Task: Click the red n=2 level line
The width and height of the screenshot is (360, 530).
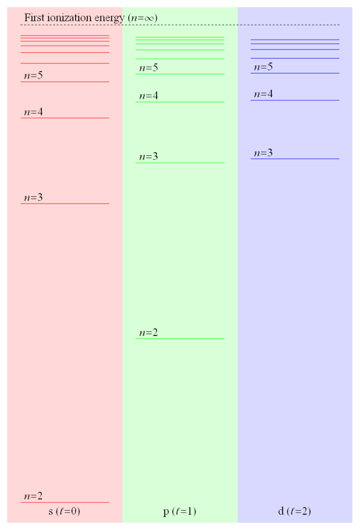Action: (65, 502)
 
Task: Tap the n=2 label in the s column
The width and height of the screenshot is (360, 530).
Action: (34, 496)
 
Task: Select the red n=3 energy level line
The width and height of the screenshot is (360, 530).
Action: (65, 203)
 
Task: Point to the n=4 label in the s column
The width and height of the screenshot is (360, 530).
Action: (34, 112)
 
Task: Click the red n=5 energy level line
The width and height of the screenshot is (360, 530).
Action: (65, 81)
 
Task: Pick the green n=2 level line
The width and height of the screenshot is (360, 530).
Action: (180, 338)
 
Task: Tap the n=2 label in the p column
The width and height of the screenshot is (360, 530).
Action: (148, 332)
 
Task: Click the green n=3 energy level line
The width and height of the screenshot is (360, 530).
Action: (180, 163)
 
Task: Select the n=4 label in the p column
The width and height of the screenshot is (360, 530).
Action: (148, 96)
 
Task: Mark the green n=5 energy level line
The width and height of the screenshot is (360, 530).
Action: (180, 73)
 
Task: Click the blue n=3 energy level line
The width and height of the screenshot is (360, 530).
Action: (295, 158)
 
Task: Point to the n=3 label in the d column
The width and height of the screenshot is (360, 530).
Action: (263, 153)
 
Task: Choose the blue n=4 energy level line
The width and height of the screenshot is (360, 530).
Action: (295, 100)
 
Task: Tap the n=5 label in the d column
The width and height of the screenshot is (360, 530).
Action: (263, 67)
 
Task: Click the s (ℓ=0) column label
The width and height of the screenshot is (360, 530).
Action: (64, 511)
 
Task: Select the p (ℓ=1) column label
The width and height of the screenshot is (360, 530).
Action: (179, 511)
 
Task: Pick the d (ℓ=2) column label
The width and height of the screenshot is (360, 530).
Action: (294, 511)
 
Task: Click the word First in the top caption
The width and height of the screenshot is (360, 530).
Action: (35, 17)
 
